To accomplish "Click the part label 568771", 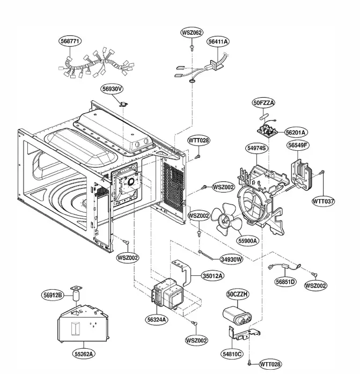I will tap(70, 41).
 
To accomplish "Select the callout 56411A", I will tap(218, 41).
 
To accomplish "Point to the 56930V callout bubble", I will tap(114, 89).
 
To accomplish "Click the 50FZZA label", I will tap(264, 102).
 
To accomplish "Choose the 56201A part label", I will tap(296, 132).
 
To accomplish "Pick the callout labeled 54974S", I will tap(257, 146).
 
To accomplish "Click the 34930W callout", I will tap(232, 259).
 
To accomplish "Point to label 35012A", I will tap(213, 276).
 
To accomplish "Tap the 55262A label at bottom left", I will tap(85, 354).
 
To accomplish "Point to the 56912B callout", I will tap(53, 295).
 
